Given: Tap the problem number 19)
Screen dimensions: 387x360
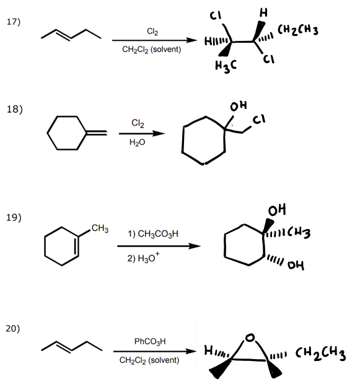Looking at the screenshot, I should click(13, 217).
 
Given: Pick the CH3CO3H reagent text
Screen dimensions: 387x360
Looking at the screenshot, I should click(153, 233).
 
